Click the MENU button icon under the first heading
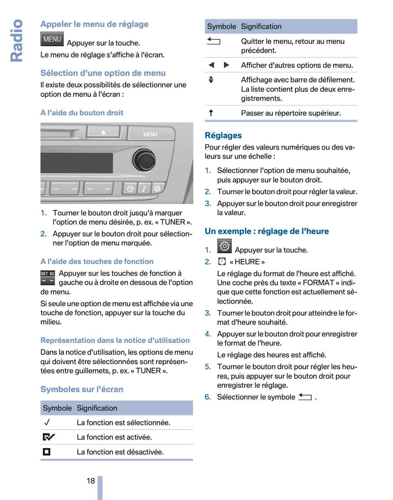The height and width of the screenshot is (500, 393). [x=52, y=39]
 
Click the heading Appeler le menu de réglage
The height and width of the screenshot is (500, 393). [x=94, y=24]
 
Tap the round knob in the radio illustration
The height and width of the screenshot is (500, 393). [x=144, y=160]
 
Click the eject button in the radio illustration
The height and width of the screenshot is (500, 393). [x=103, y=132]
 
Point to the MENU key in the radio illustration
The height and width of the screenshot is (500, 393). [x=150, y=134]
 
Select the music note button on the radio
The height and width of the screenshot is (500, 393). [x=144, y=188]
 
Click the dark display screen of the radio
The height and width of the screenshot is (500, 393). [x=76, y=163]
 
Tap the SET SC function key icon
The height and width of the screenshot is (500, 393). [x=48, y=277]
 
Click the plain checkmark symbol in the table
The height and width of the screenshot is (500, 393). [x=47, y=422]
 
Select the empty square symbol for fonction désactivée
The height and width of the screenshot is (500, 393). [x=47, y=452]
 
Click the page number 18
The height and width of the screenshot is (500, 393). [x=91, y=481]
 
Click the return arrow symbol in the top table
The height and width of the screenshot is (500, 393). [x=214, y=41]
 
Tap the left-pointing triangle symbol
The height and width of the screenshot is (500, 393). [x=212, y=65]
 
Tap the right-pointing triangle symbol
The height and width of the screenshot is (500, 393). [x=227, y=65]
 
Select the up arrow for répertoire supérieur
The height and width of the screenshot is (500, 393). [x=211, y=113]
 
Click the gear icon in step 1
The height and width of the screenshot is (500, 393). [x=224, y=246]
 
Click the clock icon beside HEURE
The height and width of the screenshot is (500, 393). [x=222, y=262]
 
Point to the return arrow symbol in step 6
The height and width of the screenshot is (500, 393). [x=305, y=397]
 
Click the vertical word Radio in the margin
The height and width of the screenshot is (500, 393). [x=16, y=40]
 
